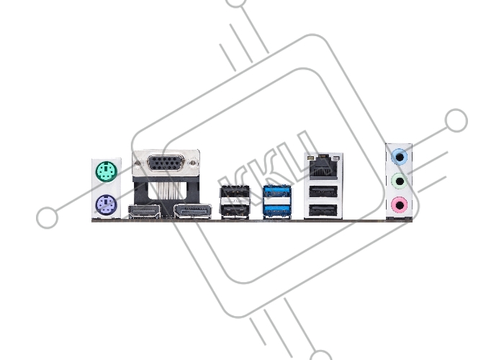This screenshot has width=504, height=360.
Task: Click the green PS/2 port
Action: coord(106,171)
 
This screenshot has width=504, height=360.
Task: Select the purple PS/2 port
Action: coord(106,205)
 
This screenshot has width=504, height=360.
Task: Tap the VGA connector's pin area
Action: coord(166,163)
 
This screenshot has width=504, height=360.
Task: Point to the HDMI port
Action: coord(144,212)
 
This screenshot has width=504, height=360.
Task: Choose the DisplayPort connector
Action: coord(192,212)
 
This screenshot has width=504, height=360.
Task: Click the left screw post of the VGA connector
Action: coord(138,163)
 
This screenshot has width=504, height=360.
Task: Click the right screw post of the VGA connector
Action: coord(192,163)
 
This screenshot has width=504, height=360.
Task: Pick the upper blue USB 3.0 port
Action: coord(277,192)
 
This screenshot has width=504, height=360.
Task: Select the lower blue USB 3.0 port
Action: coord(277,210)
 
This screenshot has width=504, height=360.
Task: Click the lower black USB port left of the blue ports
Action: coord(235,211)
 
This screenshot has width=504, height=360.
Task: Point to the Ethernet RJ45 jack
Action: coord(323,168)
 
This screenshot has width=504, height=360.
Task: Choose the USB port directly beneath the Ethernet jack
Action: coord(323,192)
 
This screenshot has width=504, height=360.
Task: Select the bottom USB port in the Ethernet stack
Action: coord(323,210)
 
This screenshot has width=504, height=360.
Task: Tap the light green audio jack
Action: coord(400,181)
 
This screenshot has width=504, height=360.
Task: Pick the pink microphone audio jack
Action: coord(400,204)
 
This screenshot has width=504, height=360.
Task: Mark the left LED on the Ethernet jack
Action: coord(310,158)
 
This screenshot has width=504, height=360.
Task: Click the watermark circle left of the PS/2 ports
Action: coord(48,217)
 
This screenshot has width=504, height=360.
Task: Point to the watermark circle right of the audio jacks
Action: coord(456,120)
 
